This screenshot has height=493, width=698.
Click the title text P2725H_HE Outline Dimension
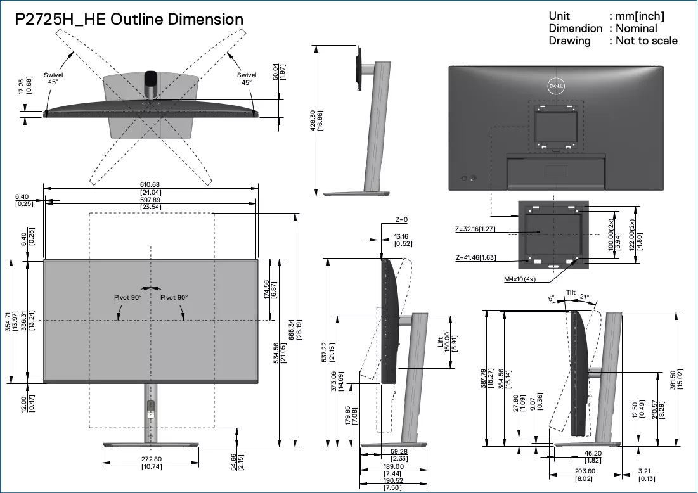[x=129, y=20]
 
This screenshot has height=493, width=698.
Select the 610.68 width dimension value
[x=150, y=184]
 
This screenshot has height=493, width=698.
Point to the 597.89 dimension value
[x=150, y=200]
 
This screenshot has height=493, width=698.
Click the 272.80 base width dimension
[x=152, y=459]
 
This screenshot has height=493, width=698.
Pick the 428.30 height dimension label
[x=313, y=120]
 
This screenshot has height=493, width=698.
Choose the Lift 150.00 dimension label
[x=444, y=342]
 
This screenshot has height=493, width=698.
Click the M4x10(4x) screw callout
[x=520, y=279]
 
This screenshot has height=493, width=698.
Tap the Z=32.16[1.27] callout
[x=475, y=229]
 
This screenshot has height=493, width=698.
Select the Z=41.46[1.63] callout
[x=475, y=258]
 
